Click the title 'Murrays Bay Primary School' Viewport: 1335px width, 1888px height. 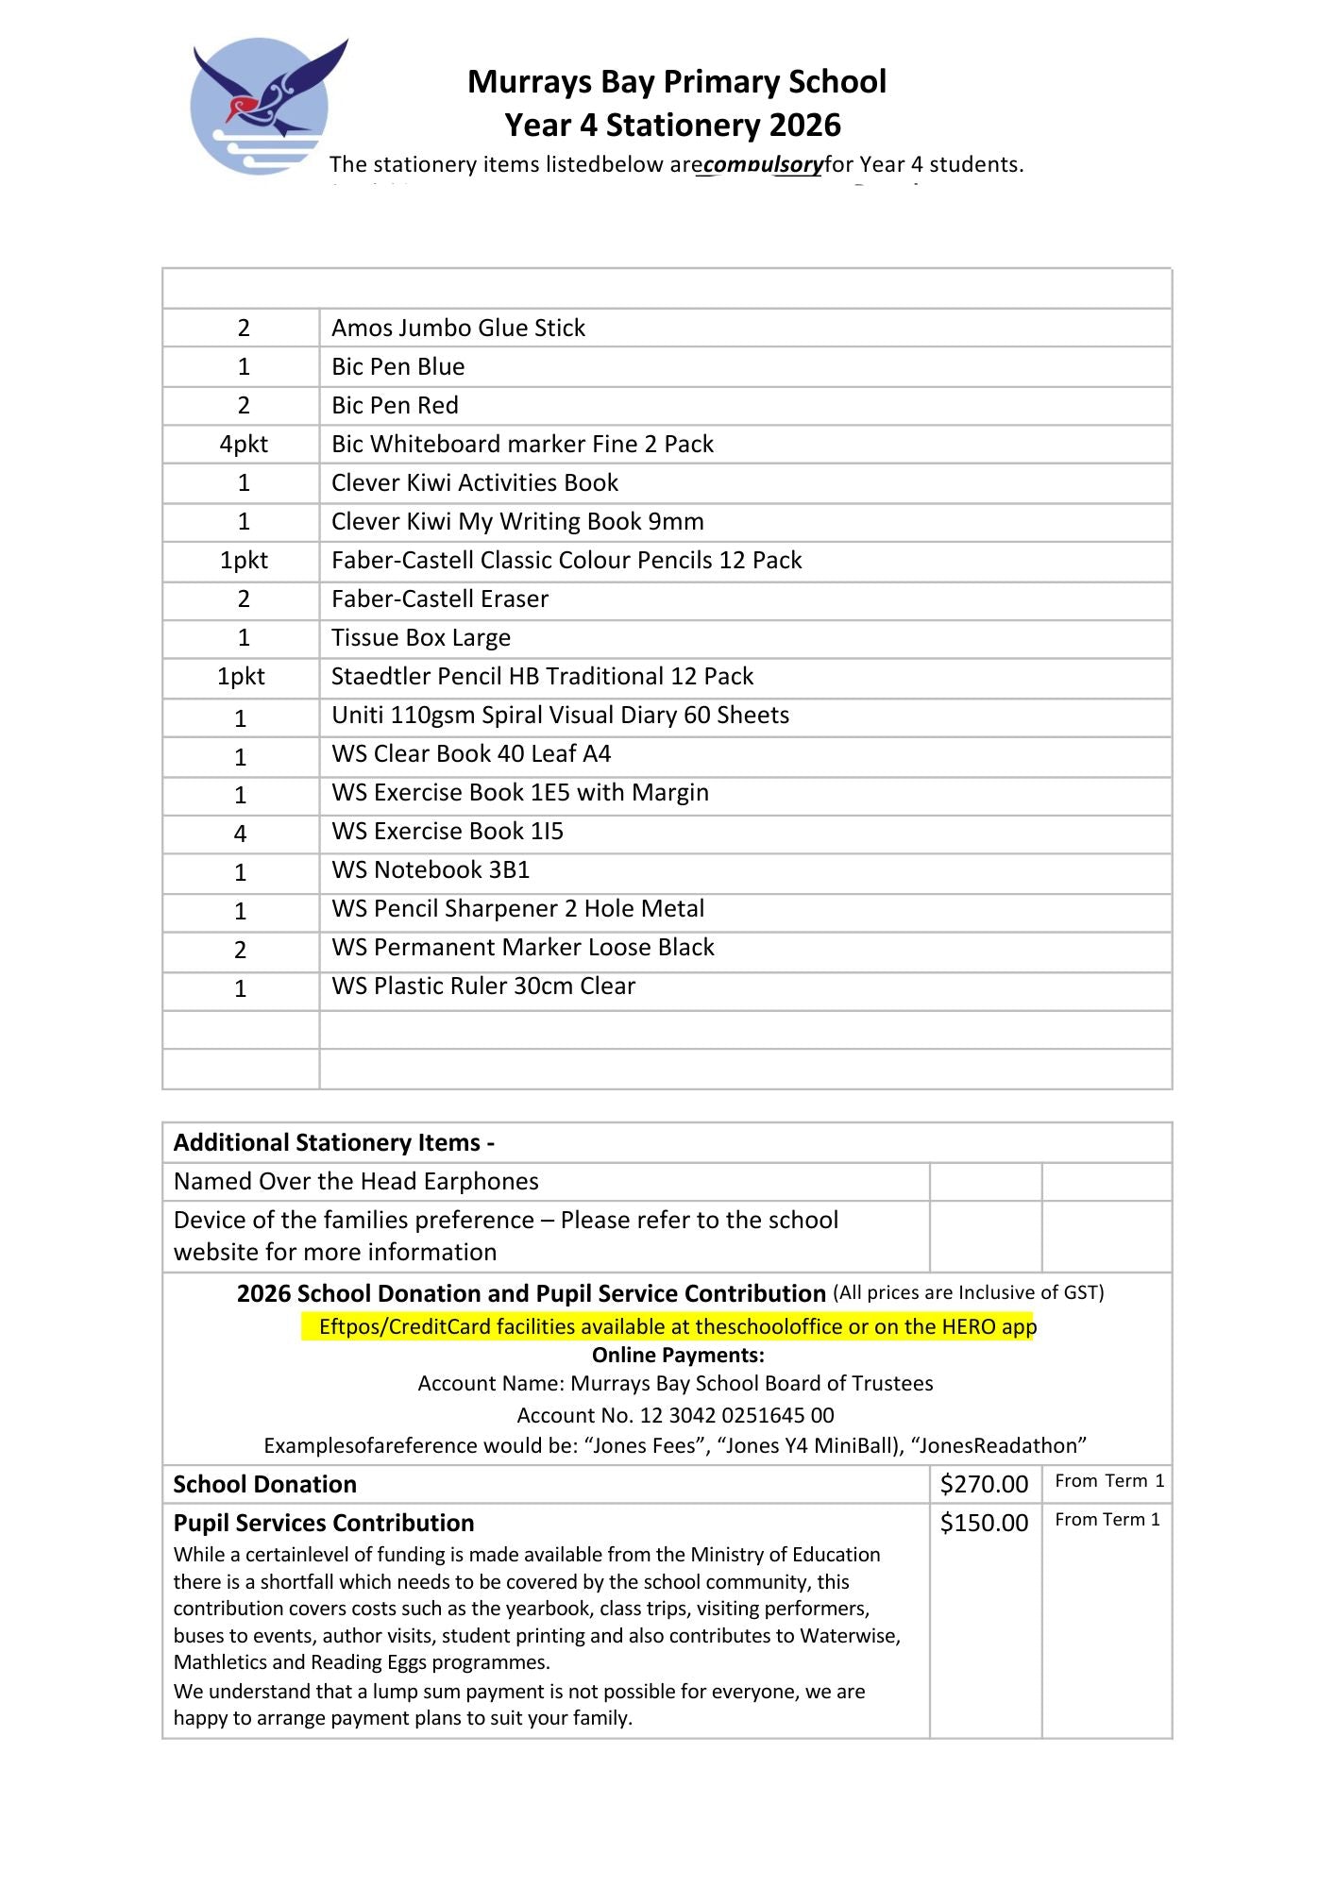(676, 82)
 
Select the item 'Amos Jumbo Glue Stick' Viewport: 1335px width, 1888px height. (458, 328)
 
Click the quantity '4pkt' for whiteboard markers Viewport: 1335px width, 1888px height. (243, 444)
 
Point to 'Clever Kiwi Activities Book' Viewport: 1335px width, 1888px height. (474, 482)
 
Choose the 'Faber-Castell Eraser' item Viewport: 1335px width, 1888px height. (439, 598)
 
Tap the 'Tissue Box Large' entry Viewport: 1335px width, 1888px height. (420, 637)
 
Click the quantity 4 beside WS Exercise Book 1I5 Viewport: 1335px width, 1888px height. (241, 833)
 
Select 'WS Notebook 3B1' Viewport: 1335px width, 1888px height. (430, 869)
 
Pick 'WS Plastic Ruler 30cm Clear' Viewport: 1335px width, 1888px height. (482, 986)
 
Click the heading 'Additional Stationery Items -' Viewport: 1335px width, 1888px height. (334, 1142)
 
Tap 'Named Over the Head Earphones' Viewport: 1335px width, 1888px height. (356, 1181)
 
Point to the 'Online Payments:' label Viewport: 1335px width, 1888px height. (678, 1356)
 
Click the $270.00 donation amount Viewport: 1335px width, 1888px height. (984, 1484)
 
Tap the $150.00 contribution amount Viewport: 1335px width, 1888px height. (984, 1523)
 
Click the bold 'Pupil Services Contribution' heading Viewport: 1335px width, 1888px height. (324, 1523)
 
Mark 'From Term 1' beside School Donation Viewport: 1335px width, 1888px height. (1108, 1481)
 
